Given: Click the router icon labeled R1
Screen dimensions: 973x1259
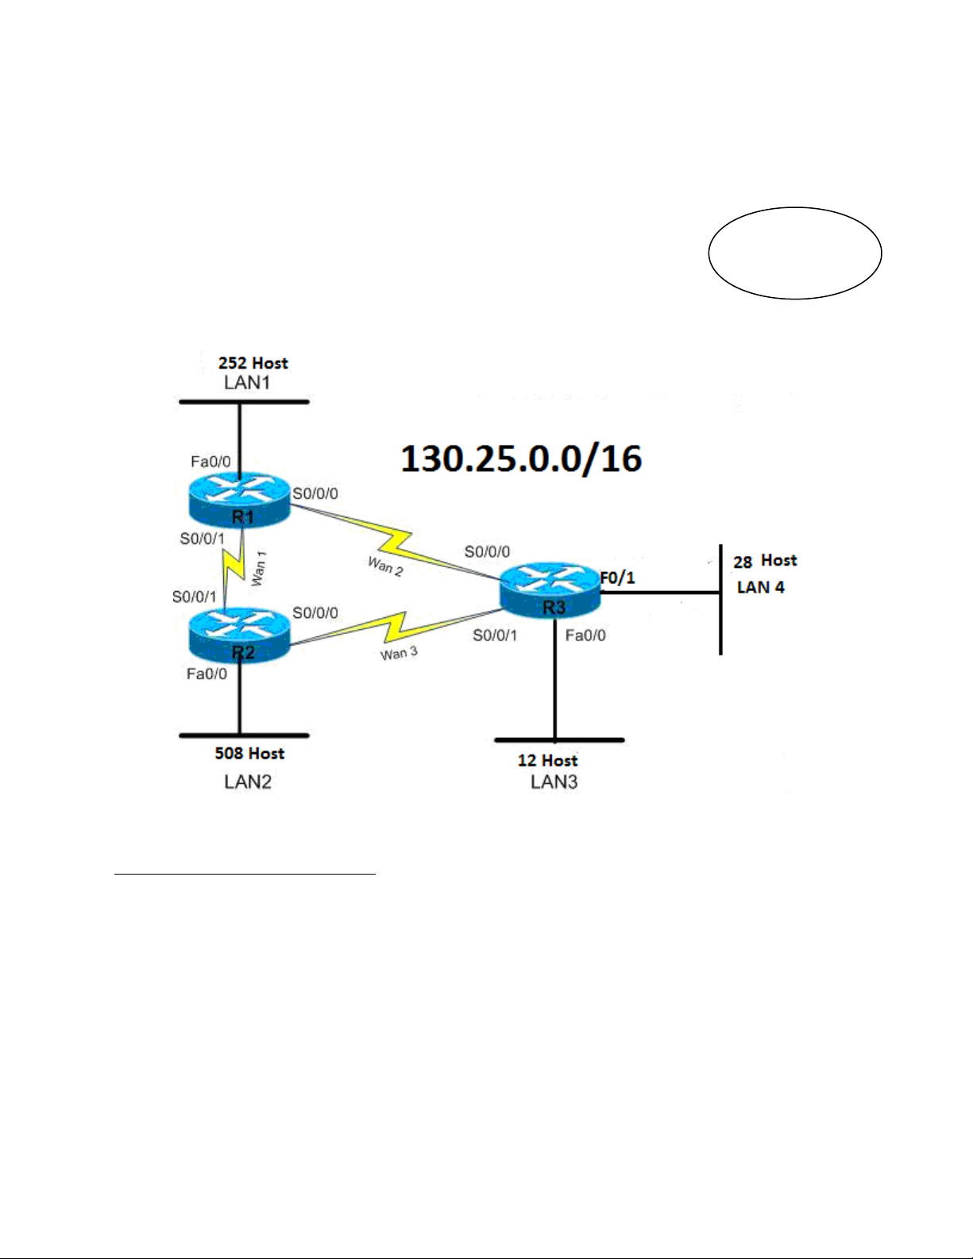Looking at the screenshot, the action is [x=239, y=500].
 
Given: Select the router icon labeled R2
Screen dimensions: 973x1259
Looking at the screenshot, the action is [x=239, y=635].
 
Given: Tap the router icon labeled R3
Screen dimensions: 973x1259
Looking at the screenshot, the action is [x=550, y=590].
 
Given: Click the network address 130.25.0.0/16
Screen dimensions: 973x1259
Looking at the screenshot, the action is [x=521, y=459].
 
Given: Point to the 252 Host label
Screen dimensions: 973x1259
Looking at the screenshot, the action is [x=253, y=363].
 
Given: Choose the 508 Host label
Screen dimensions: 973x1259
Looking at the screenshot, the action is [x=249, y=753].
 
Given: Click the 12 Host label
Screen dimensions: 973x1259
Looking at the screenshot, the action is [x=547, y=760].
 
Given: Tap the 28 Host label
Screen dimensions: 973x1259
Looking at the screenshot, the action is [x=765, y=561].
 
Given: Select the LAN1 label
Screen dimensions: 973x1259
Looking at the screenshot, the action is [x=247, y=383].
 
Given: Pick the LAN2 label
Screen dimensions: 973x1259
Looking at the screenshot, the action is [x=248, y=782].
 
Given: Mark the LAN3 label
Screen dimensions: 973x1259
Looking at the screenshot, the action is [x=554, y=782].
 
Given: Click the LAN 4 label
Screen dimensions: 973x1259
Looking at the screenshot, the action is [x=760, y=588].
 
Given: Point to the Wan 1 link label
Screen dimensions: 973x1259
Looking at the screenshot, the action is [x=259, y=569].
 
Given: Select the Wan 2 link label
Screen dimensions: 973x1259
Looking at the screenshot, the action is [x=385, y=566].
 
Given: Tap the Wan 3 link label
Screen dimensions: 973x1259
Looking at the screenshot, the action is [x=399, y=654].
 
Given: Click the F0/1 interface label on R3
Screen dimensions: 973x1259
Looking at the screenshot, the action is [x=617, y=577].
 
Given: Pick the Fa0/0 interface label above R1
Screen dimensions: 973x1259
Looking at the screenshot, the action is [x=210, y=462].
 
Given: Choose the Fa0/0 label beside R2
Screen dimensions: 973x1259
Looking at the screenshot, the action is [x=207, y=674].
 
